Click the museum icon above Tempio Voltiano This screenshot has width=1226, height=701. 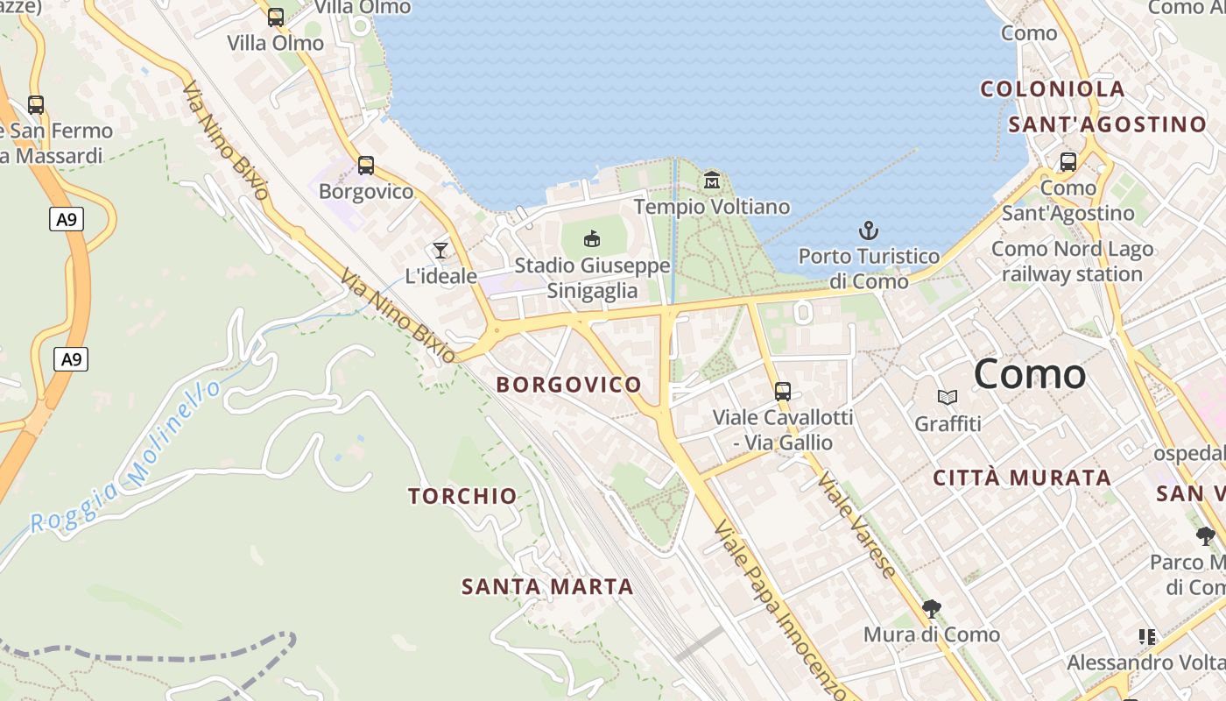click(x=712, y=181)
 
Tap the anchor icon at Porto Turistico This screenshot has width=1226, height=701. click(x=868, y=230)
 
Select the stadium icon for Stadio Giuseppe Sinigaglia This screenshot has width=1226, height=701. click(x=592, y=238)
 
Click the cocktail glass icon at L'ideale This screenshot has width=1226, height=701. click(x=440, y=251)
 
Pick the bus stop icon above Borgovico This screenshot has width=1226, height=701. click(x=366, y=165)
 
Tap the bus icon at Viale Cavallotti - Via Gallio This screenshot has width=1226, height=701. click(x=783, y=391)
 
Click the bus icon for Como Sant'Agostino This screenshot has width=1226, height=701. click(x=1068, y=162)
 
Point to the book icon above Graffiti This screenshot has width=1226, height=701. click(x=948, y=398)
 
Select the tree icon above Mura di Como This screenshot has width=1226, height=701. click(x=932, y=608)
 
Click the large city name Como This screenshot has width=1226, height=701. click(x=1029, y=374)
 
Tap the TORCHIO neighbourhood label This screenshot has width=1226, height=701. click(x=462, y=496)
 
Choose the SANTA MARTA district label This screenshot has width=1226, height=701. click(x=547, y=586)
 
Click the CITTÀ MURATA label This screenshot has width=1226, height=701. click(x=1022, y=478)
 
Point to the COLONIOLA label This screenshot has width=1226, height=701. click(x=1052, y=89)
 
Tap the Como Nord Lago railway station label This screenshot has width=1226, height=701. click(x=1072, y=261)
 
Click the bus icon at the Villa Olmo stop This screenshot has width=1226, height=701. click(x=276, y=17)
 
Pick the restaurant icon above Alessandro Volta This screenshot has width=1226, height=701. click(x=1147, y=636)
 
